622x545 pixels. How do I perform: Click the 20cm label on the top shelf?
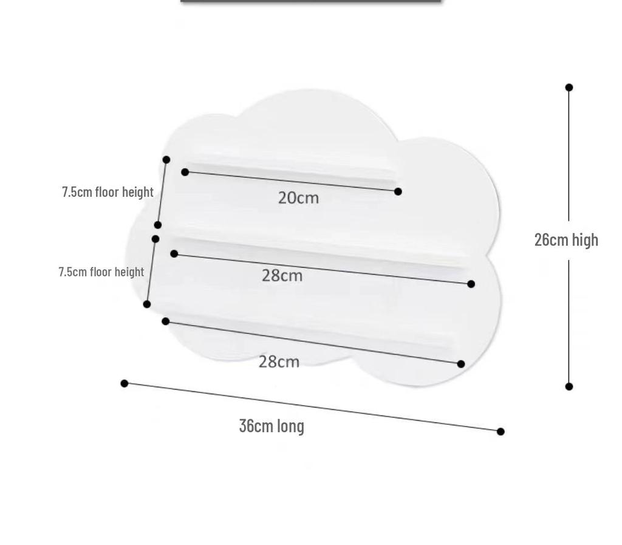298,198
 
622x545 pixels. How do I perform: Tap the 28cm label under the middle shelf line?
282,276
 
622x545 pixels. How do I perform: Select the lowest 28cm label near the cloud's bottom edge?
279,362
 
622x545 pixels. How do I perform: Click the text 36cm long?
272,426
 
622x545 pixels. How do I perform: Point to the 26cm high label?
566,240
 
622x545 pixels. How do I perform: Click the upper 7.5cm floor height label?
108,192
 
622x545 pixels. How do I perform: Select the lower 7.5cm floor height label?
101,272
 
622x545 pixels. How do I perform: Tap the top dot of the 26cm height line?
569,87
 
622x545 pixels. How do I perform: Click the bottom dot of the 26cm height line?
569,386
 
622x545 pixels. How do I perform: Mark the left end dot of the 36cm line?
124,383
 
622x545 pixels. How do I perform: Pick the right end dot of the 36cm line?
501,431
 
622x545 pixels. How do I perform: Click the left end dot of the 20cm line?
185,172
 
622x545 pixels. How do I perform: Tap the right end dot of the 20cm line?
398,191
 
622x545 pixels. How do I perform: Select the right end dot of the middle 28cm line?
471,284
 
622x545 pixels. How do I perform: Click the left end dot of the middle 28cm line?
174,253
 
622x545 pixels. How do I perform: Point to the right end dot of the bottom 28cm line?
460,364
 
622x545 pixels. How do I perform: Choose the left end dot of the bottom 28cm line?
165,321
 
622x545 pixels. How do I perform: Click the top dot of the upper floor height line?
166,159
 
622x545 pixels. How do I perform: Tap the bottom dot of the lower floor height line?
147,304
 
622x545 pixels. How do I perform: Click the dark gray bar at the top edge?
310,1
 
